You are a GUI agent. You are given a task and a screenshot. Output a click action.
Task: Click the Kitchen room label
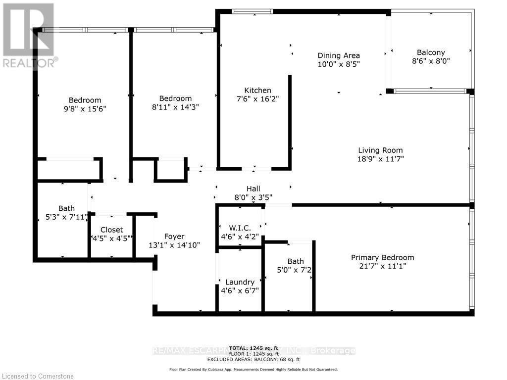(x=257, y=90)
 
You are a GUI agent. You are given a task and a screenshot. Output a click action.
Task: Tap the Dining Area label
(x=339, y=55)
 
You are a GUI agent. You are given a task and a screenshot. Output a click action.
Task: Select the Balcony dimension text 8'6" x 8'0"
(x=431, y=61)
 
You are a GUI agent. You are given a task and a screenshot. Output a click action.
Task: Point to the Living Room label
(x=380, y=150)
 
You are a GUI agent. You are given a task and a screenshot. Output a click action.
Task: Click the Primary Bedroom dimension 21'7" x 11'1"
(x=382, y=267)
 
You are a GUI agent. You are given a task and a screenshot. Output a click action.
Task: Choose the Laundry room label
(x=240, y=282)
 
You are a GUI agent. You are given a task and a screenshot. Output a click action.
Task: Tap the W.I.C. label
(x=240, y=228)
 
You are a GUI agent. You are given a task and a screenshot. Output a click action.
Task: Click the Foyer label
(x=174, y=237)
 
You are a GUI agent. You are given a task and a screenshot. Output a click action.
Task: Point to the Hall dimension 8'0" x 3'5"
(x=253, y=197)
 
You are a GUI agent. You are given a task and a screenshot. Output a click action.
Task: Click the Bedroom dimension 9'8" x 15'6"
(x=85, y=109)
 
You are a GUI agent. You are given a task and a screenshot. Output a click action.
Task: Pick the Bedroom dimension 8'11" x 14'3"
(x=175, y=107)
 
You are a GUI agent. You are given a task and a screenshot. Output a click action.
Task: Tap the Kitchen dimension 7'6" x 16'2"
(x=257, y=99)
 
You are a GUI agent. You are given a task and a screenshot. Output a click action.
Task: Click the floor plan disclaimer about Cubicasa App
(x=253, y=369)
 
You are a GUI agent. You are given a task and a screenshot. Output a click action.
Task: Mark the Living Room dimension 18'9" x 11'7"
(x=380, y=159)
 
